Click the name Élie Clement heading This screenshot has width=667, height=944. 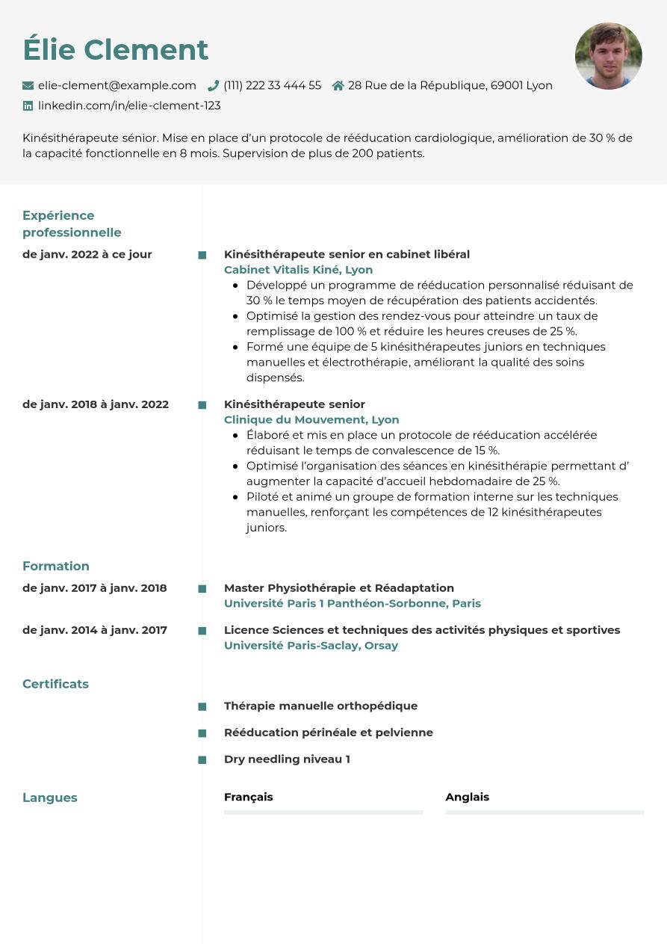(x=115, y=50)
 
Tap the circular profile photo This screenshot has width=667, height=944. (x=608, y=56)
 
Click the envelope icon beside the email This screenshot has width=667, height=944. (x=28, y=86)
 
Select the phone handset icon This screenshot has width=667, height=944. (x=213, y=86)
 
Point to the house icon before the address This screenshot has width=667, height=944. (x=338, y=86)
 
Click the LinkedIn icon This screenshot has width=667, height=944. (x=28, y=106)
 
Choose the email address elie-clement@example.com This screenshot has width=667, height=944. (x=117, y=86)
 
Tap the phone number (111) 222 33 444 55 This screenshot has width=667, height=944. (x=272, y=86)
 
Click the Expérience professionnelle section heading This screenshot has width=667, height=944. (x=72, y=223)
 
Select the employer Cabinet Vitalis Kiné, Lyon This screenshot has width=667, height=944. (x=298, y=270)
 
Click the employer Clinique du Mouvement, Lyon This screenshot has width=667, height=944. (x=311, y=420)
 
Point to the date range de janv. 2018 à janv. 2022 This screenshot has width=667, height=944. (x=96, y=404)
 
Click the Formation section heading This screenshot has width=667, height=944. (x=56, y=567)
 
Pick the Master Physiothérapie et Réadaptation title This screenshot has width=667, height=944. (x=339, y=588)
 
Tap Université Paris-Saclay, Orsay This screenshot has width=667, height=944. (x=311, y=646)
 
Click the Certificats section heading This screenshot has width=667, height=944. (x=55, y=684)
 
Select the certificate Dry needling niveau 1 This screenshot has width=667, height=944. (x=287, y=759)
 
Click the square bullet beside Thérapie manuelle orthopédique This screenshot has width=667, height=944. (x=202, y=706)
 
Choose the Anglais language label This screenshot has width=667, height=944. (x=467, y=797)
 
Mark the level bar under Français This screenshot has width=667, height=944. (x=323, y=812)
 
